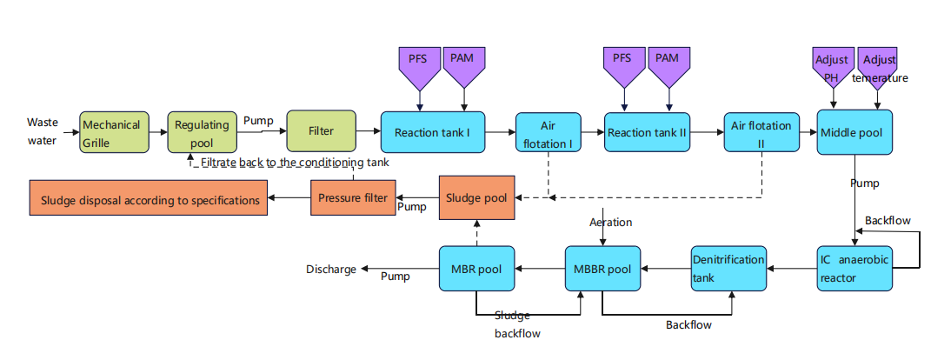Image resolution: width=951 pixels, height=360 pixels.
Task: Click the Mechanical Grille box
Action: coord(113,132)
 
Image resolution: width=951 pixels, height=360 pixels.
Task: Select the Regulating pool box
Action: coord(202,132)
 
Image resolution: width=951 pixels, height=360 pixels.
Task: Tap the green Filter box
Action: coord(321,132)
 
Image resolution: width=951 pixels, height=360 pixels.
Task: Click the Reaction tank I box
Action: coord(432,133)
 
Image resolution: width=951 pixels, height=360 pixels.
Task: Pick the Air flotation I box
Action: coord(548,133)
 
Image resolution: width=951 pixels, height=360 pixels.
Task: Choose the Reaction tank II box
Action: coord(648,133)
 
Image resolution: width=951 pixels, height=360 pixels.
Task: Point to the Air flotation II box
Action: coord(761,133)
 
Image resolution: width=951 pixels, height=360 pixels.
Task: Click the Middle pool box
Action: coord(855,133)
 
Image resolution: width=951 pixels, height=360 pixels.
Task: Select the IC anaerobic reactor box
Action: coord(855,268)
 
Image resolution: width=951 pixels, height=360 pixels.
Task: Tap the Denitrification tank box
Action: coord(728,268)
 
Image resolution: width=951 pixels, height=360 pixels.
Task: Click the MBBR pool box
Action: coord(602,269)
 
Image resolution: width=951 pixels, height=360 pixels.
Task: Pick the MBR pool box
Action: coord(476,269)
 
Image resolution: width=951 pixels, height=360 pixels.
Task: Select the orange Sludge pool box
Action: coord(476,197)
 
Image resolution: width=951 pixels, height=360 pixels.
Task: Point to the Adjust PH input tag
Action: coord(831,65)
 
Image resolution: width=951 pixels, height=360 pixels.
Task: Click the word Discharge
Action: coord(331,270)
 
